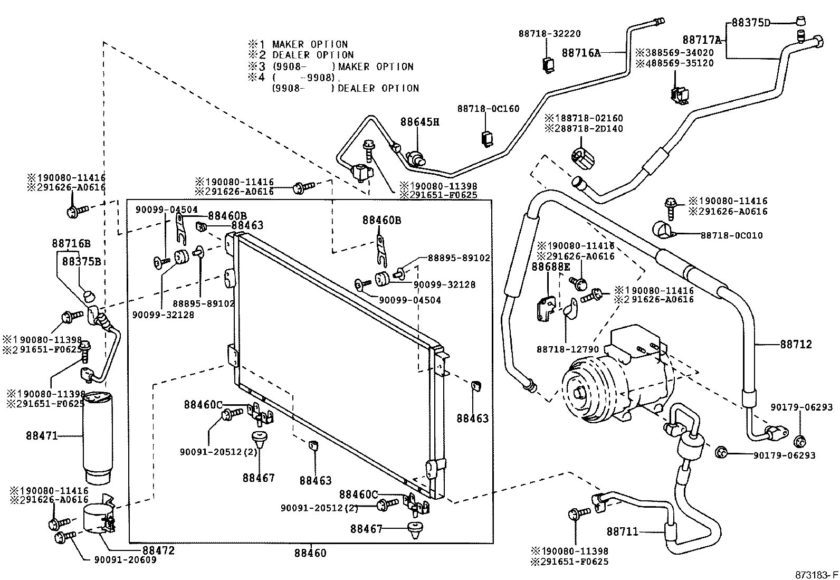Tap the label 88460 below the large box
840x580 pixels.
pos(310,553)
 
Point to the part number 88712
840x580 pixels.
pos(796,344)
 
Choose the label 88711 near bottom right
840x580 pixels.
pos(622,531)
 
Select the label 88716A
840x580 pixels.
pos(581,53)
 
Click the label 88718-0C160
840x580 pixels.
pos(488,109)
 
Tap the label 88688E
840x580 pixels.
pos(550,267)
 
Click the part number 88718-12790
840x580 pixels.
pos(567,349)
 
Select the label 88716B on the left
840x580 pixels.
pos(71,243)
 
